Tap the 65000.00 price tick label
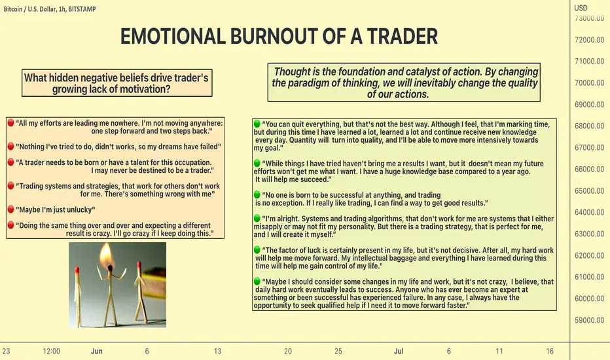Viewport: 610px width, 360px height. point(589,190)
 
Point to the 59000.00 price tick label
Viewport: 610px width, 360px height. point(589,320)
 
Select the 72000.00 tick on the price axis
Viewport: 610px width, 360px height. point(589,40)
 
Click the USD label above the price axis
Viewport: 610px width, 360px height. point(581,8)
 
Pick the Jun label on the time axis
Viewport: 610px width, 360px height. point(96,351)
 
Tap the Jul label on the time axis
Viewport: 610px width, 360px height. point(399,351)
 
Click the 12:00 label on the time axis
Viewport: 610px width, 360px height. point(51,351)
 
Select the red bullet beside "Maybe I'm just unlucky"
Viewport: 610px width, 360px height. point(11,209)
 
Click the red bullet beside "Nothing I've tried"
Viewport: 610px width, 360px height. point(11,146)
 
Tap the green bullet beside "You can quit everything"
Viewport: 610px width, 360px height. point(257,124)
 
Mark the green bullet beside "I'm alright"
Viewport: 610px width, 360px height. point(257,218)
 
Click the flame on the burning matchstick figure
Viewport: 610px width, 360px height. point(106,255)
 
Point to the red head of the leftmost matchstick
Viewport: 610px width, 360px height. point(77,270)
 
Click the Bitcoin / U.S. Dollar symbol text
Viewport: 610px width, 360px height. point(29,9)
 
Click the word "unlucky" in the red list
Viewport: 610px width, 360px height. point(81,209)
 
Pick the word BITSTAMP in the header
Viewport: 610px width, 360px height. point(82,9)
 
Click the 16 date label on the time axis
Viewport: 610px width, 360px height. point(549,351)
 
